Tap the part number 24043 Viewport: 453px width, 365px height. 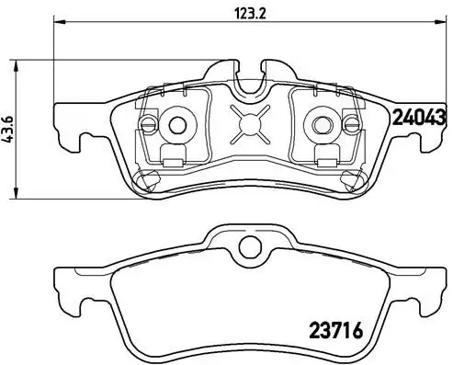(420, 117)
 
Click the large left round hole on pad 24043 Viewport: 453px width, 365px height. (176, 124)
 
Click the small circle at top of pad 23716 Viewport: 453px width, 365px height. (247, 245)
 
